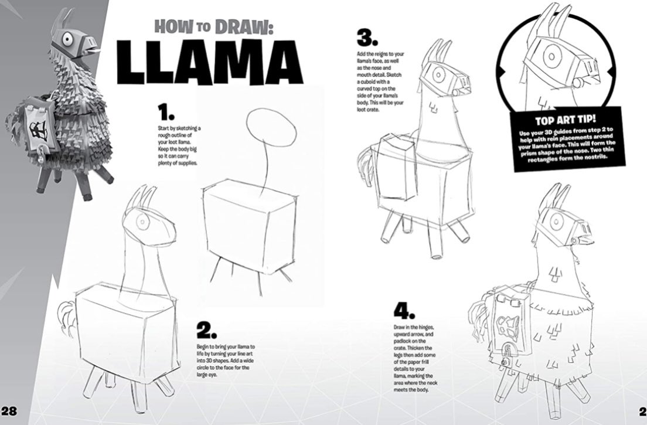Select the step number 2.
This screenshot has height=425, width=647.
pos(207,332)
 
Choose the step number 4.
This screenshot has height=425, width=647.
pos(404,310)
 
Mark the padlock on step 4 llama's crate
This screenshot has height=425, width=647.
pos(503,363)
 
